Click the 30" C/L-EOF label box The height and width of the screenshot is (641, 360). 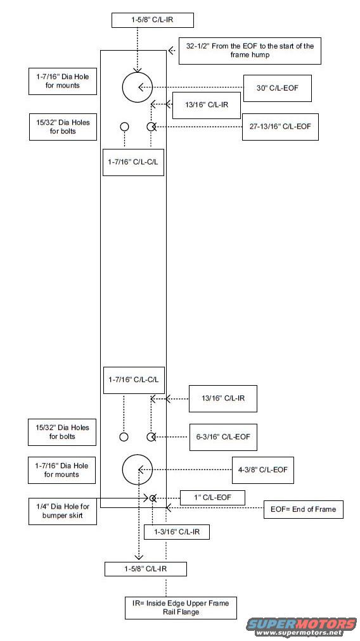(278, 88)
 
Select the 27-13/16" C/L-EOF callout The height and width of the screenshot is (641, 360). (280, 127)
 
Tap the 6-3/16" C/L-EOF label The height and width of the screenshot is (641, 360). (223, 437)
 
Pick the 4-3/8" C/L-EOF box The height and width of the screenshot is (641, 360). (263, 470)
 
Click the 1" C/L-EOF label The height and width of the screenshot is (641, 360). (212, 497)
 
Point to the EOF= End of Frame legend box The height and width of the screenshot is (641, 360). (303, 509)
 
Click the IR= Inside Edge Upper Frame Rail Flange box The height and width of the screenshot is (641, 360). (181, 608)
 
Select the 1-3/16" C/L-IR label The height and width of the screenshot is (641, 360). (177, 532)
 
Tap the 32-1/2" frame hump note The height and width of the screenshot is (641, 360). (250, 51)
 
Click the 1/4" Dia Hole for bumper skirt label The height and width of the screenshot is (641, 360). (63, 511)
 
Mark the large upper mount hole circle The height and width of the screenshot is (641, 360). (138, 87)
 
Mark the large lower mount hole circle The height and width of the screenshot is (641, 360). (138, 470)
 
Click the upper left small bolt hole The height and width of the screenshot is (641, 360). (124, 127)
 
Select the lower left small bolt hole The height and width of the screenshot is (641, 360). (124, 437)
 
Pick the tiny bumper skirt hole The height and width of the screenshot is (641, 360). (153, 498)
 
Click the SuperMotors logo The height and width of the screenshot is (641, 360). (301, 626)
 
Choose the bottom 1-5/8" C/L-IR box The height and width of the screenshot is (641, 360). (146, 569)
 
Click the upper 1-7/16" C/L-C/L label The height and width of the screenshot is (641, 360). (133, 162)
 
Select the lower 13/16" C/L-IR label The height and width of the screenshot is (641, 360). (223, 398)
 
